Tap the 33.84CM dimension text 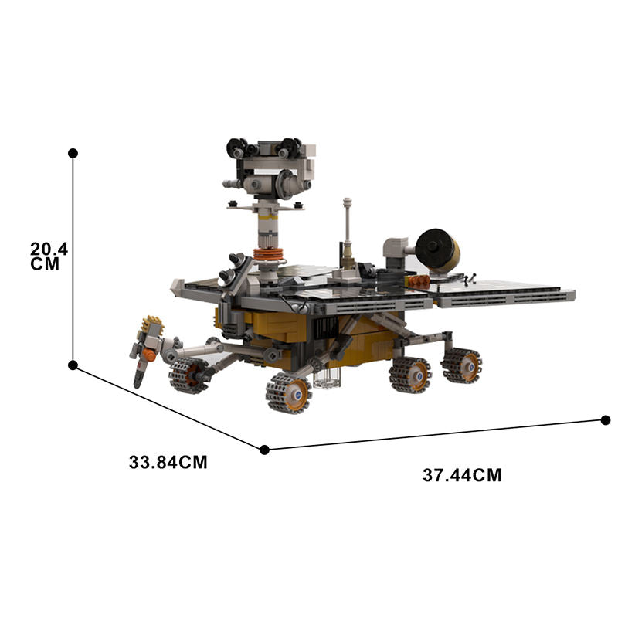(x=168, y=463)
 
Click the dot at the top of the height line (x=73, y=153)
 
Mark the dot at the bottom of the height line (x=73, y=365)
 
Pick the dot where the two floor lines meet (x=264, y=449)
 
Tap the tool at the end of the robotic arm (x=144, y=348)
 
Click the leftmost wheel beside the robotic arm (x=187, y=375)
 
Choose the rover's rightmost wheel (x=461, y=365)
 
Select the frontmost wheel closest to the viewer (x=288, y=392)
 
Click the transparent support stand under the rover (x=327, y=377)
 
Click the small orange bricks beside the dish (x=419, y=281)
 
